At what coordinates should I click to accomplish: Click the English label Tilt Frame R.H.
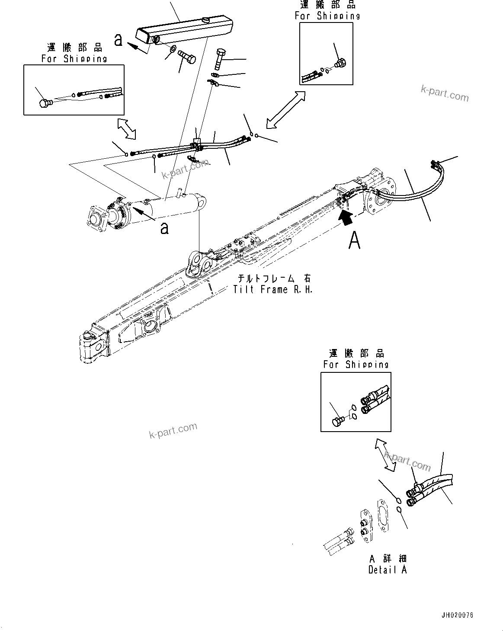pyautogui.click(x=272, y=290)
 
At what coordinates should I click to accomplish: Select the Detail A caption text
pyautogui.click(x=388, y=570)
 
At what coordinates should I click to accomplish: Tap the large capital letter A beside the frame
pyautogui.click(x=355, y=240)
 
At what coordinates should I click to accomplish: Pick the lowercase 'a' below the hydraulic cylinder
pyautogui.click(x=164, y=228)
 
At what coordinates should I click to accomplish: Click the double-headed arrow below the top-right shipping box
pyautogui.click(x=285, y=110)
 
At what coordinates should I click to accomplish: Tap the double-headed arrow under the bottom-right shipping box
pyautogui.click(x=385, y=454)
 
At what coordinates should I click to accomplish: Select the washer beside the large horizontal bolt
pyautogui.click(x=172, y=49)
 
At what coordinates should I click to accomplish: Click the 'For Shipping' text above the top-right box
pyautogui.click(x=327, y=16)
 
